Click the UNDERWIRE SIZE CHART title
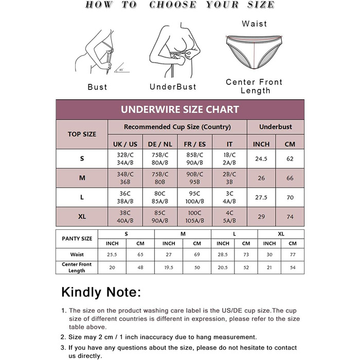pyautogui.click(x=180, y=110)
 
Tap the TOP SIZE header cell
pyautogui.click(x=82, y=134)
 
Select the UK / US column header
pyautogui.click(x=125, y=145)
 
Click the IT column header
pyautogui.click(x=230, y=145)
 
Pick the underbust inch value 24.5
pyautogui.click(x=261, y=159)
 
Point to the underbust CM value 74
pyautogui.click(x=290, y=217)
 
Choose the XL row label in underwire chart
pyautogui.click(x=82, y=217)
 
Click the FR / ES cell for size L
pyautogui.click(x=195, y=197)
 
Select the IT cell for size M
pyautogui.click(x=230, y=178)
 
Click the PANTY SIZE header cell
pyautogui.click(x=77, y=239)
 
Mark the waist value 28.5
pyautogui.click(x=223, y=255)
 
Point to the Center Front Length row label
pyautogui.click(x=77, y=267)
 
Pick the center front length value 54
pyautogui.click(x=293, y=267)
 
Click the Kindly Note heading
pyautogui.click(x=101, y=292)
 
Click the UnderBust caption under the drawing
pyautogui.click(x=173, y=87)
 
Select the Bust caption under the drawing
pyautogui.click(x=97, y=87)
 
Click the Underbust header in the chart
pyautogui.click(x=276, y=127)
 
